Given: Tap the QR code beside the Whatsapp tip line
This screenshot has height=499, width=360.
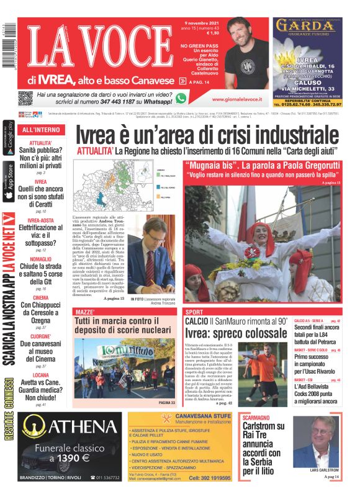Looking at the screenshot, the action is point(25,97).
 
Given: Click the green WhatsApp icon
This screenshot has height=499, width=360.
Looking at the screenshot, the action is point(181,97).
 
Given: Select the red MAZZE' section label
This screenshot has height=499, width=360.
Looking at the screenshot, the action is point(84,312).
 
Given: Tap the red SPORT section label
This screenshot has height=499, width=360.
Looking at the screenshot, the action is point(194,312).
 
